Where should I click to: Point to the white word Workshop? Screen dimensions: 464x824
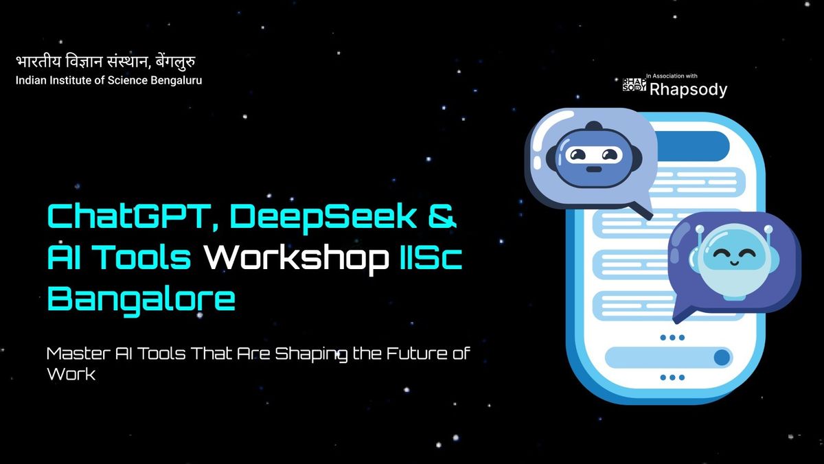click(295, 258)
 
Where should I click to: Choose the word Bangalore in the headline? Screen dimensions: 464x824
click(141, 299)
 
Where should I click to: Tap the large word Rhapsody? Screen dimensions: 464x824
click(688, 89)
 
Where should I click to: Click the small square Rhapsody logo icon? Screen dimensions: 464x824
click(634, 84)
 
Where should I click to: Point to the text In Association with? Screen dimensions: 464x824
click(672, 76)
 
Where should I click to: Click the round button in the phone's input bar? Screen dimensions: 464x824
click(722, 358)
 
